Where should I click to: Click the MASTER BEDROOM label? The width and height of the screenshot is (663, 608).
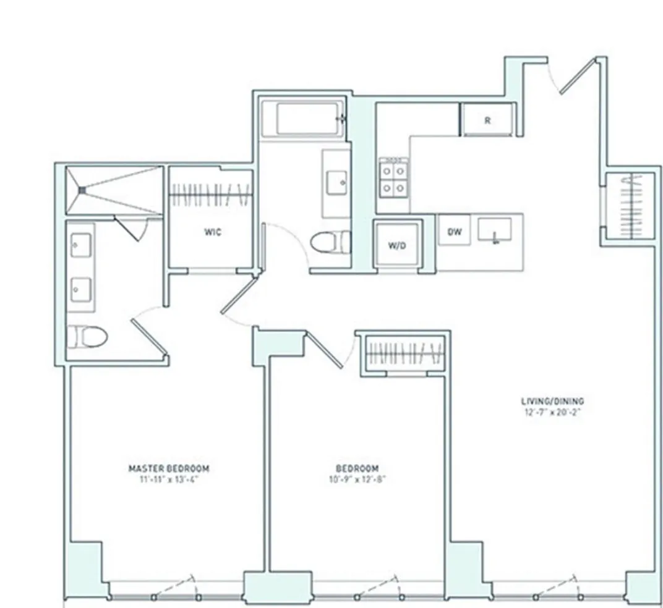click(168, 468)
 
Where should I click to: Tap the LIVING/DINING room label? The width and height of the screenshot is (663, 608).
click(552, 401)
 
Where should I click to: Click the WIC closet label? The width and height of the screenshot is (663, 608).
click(213, 232)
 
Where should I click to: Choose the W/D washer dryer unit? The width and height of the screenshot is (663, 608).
click(397, 245)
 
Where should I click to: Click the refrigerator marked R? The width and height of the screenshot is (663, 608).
click(487, 120)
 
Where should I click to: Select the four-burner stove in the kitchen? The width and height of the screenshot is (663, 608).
click(394, 177)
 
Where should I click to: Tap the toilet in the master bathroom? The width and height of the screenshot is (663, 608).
click(87, 337)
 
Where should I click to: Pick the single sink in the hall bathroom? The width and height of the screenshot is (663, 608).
click(338, 183)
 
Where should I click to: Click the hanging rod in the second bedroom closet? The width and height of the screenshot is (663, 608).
click(405, 353)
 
